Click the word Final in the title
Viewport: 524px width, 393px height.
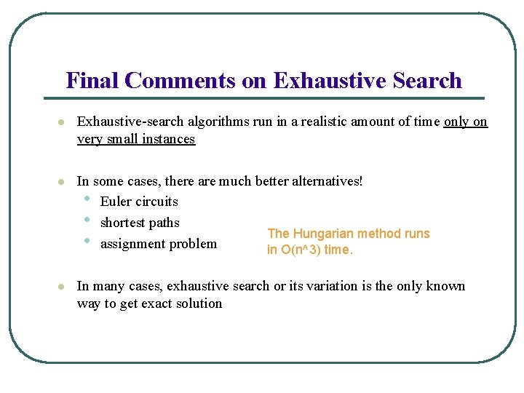click(92, 80)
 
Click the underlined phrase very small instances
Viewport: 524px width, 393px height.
click(136, 139)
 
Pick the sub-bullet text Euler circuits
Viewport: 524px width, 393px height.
click(139, 202)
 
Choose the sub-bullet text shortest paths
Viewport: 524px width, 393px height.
click(140, 223)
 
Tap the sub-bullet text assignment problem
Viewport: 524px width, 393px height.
click(159, 244)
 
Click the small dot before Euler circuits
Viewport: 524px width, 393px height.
click(87, 199)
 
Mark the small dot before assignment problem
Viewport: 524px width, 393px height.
click(87, 241)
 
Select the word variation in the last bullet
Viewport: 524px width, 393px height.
click(341, 286)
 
